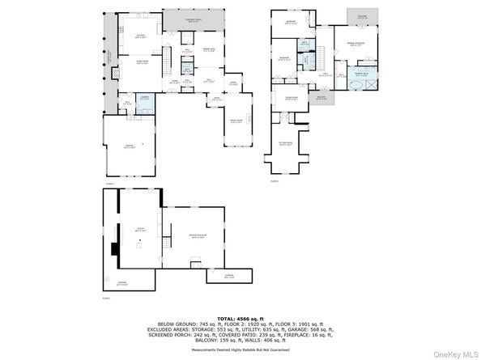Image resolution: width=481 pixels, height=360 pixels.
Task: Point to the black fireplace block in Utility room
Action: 114,251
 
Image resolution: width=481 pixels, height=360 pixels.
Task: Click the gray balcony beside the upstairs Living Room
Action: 321,99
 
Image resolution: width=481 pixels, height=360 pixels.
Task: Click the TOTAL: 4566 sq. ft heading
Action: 240,316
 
